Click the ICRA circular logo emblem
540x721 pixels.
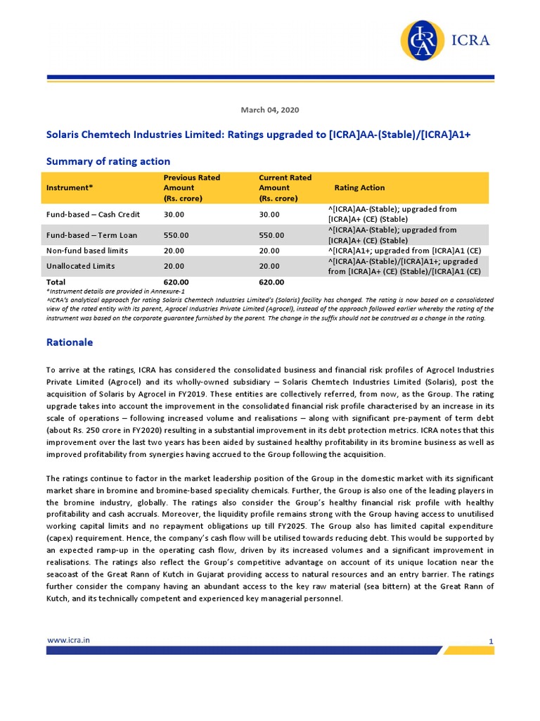[x=423, y=41]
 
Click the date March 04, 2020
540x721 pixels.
[x=270, y=110]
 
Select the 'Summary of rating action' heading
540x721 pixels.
[x=108, y=161]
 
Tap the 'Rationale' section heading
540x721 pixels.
[x=70, y=342]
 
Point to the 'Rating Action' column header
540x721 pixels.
[x=359, y=188]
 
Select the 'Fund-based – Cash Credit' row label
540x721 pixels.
[x=93, y=214]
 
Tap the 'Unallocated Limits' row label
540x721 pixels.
[x=80, y=266]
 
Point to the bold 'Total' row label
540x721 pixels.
[x=56, y=282]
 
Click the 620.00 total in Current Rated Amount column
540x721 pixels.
[x=271, y=282]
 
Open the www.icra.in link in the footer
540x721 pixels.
[x=67, y=640]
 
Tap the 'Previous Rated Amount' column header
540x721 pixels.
[x=191, y=188]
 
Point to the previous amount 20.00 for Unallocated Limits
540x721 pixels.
[x=174, y=266]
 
